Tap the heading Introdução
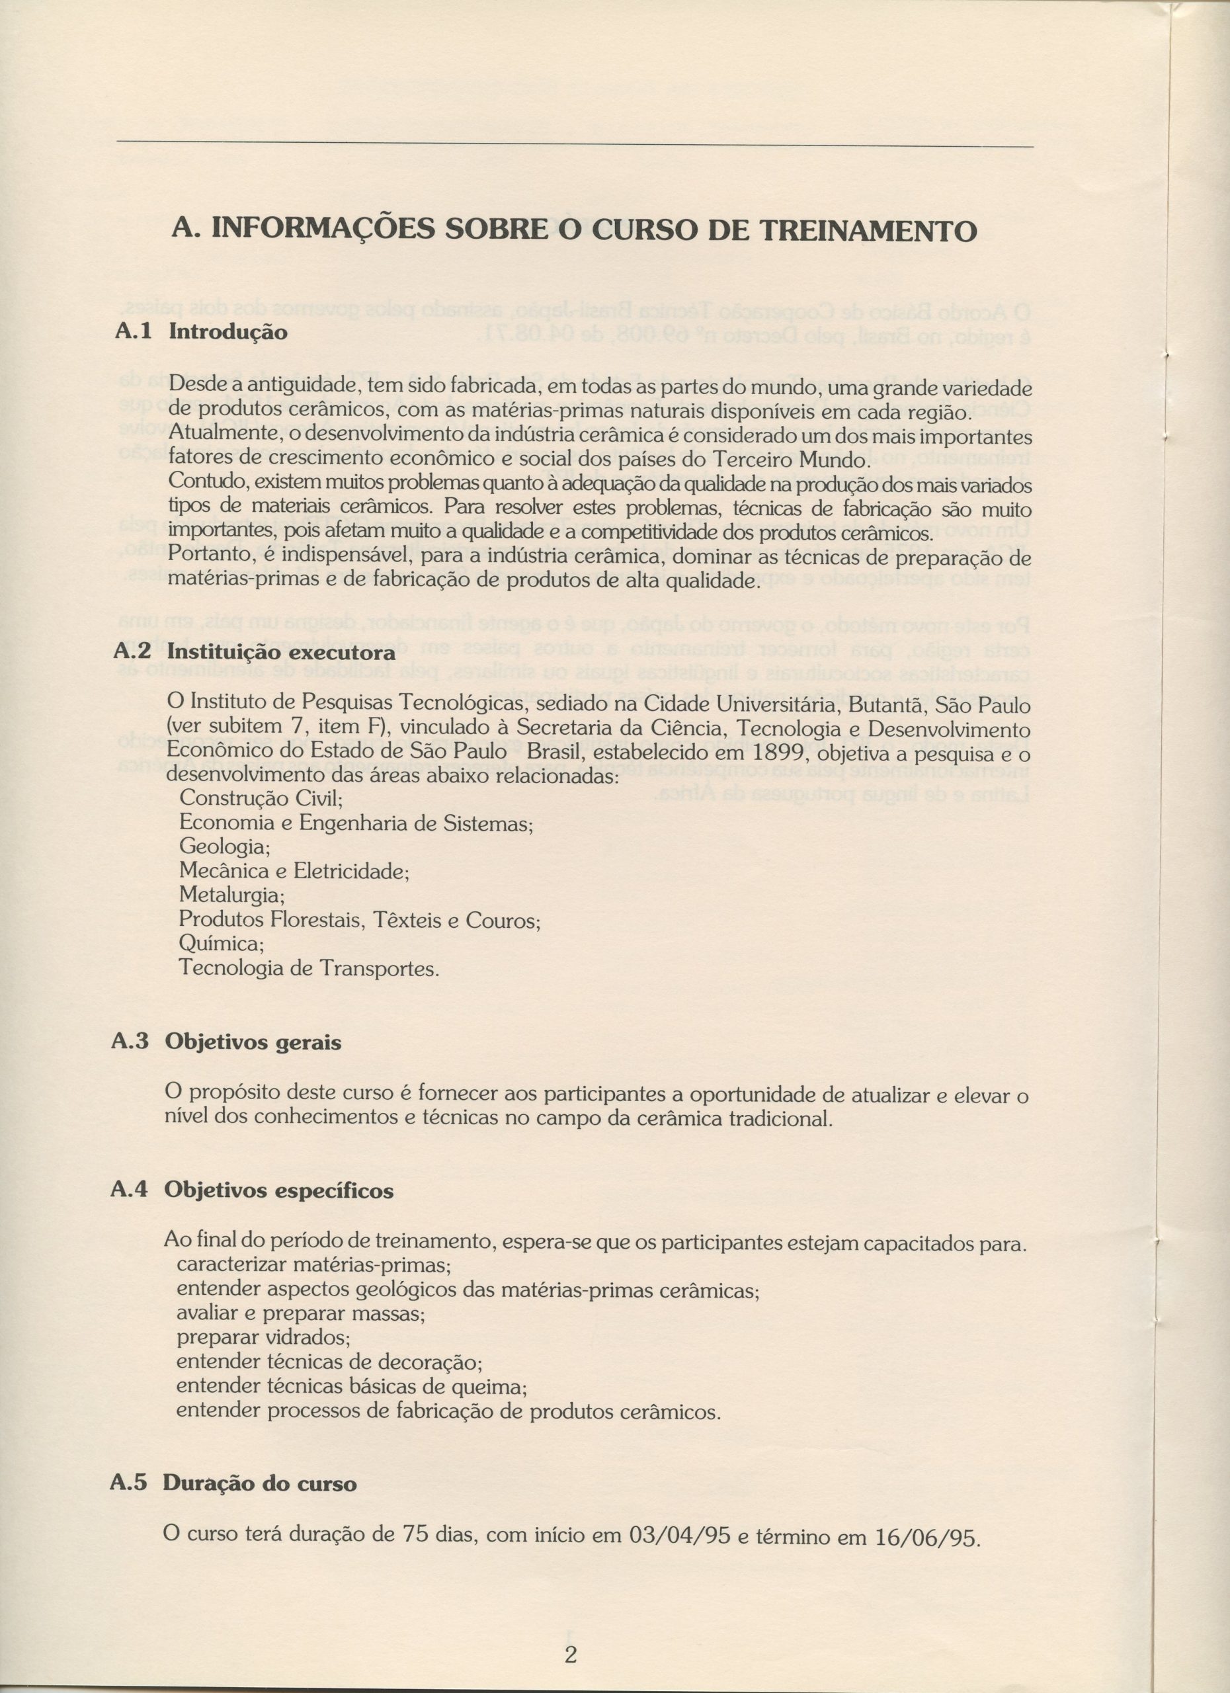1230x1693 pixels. (227, 331)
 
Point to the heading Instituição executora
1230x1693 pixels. (280, 653)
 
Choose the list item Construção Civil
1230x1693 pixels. (261, 798)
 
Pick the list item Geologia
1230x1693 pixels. (225, 847)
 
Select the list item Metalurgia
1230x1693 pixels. (232, 895)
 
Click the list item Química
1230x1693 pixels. (222, 944)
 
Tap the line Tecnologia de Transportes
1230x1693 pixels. (308, 969)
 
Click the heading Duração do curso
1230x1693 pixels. (259, 1484)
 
